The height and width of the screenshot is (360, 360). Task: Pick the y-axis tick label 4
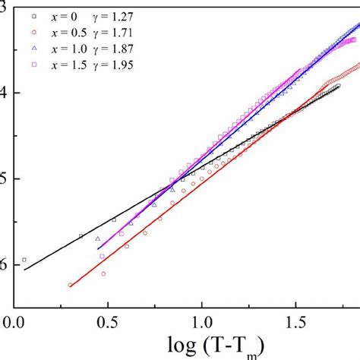tap(5, 93)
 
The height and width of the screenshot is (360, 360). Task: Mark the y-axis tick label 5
tap(5, 178)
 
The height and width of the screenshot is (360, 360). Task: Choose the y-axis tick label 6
tap(5, 264)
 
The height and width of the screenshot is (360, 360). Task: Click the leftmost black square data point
tap(24, 260)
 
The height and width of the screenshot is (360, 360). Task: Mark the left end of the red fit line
tap(69, 286)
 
